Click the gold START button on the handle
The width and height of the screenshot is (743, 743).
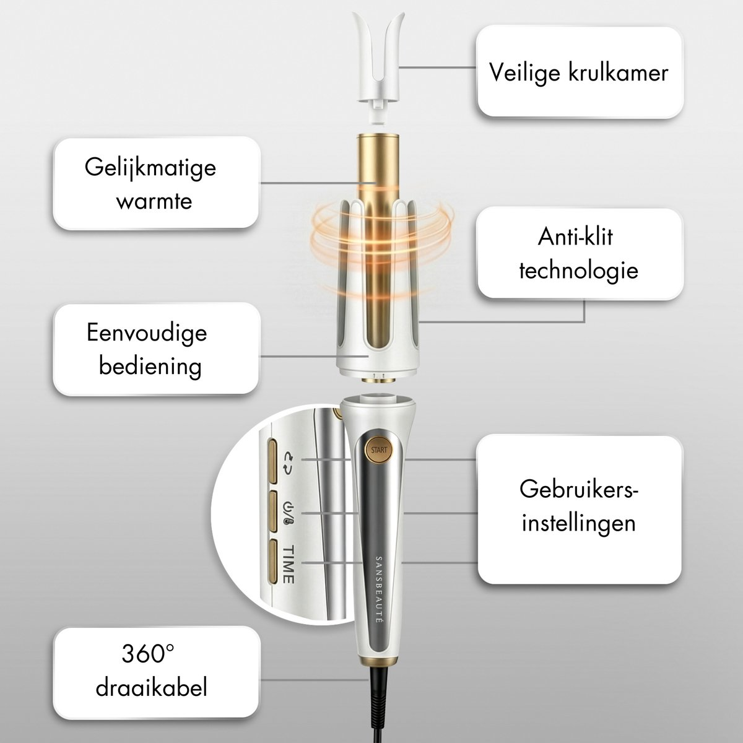379,450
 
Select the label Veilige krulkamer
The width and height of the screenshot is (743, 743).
579,72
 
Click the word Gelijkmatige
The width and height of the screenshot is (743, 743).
150,168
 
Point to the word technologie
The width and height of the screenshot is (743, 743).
579,271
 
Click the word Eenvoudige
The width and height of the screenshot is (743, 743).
147,332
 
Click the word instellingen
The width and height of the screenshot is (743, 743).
579,523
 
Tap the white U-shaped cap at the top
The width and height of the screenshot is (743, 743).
379,69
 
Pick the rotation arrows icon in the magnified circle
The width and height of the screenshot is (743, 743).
289,463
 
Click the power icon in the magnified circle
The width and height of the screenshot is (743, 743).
289,513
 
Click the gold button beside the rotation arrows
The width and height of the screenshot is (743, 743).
272,461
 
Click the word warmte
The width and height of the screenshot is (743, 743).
154,201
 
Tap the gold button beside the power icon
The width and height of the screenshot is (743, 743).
272,511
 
